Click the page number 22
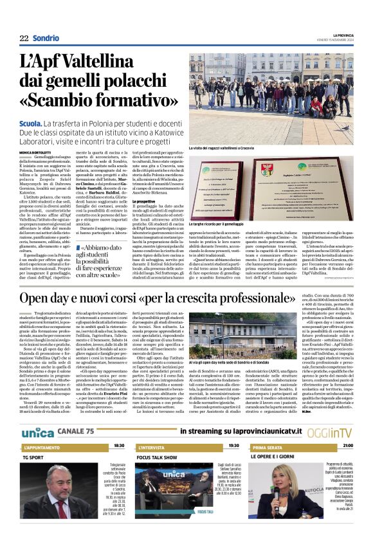(24, 38)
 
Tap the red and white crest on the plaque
(266, 170)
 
